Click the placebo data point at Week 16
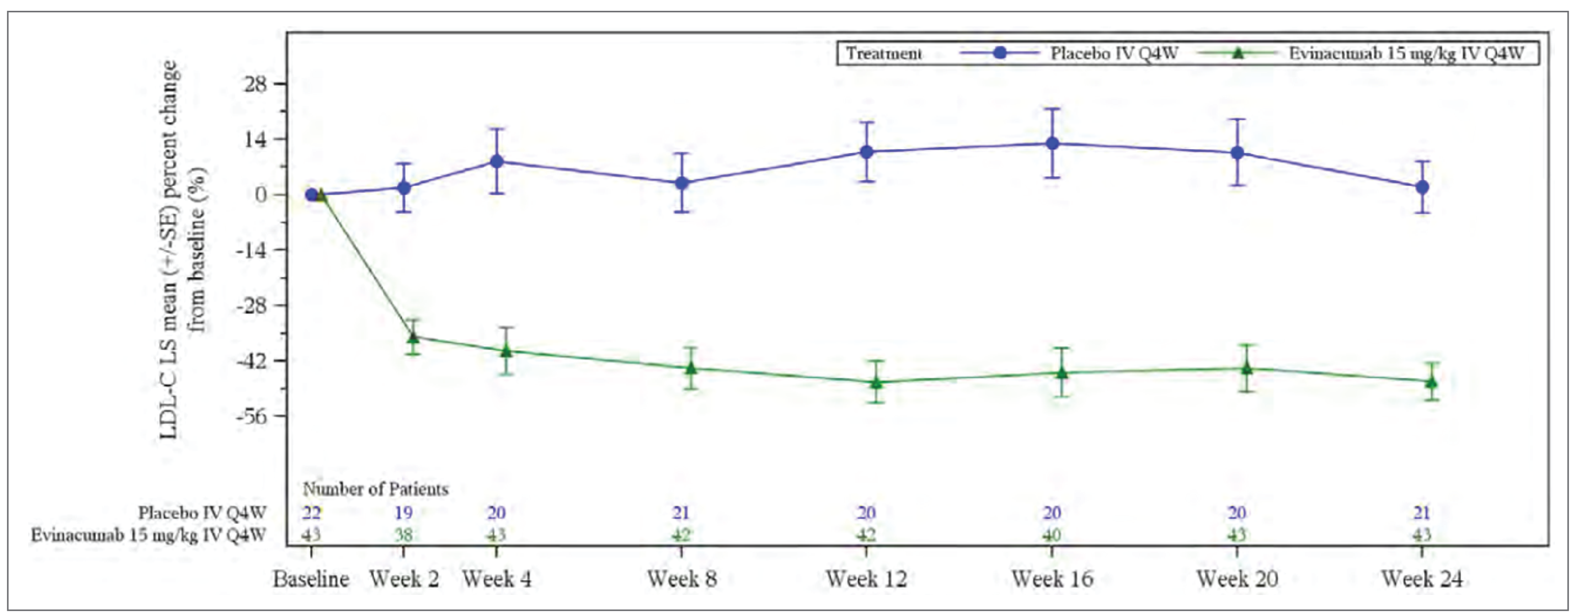(x=1052, y=144)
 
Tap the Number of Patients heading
(x=375, y=489)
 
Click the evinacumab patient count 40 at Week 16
(x=1052, y=535)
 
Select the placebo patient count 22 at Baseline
(x=311, y=512)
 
